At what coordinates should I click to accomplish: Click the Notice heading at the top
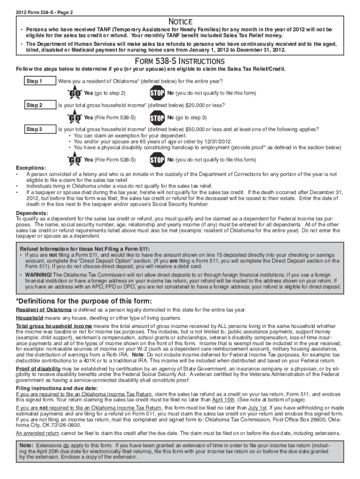(x=180, y=22)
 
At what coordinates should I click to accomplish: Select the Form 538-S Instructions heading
(x=180, y=62)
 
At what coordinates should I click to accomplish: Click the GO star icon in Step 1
(x=74, y=93)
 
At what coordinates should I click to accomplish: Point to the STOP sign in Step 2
(x=157, y=117)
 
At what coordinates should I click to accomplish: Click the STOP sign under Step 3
(x=157, y=160)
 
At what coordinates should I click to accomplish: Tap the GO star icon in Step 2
(x=74, y=117)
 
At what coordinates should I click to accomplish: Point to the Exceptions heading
(x=31, y=168)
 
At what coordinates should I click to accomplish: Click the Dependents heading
(x=32, y=213)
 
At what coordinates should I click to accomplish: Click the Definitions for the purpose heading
(x=84, y=301)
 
